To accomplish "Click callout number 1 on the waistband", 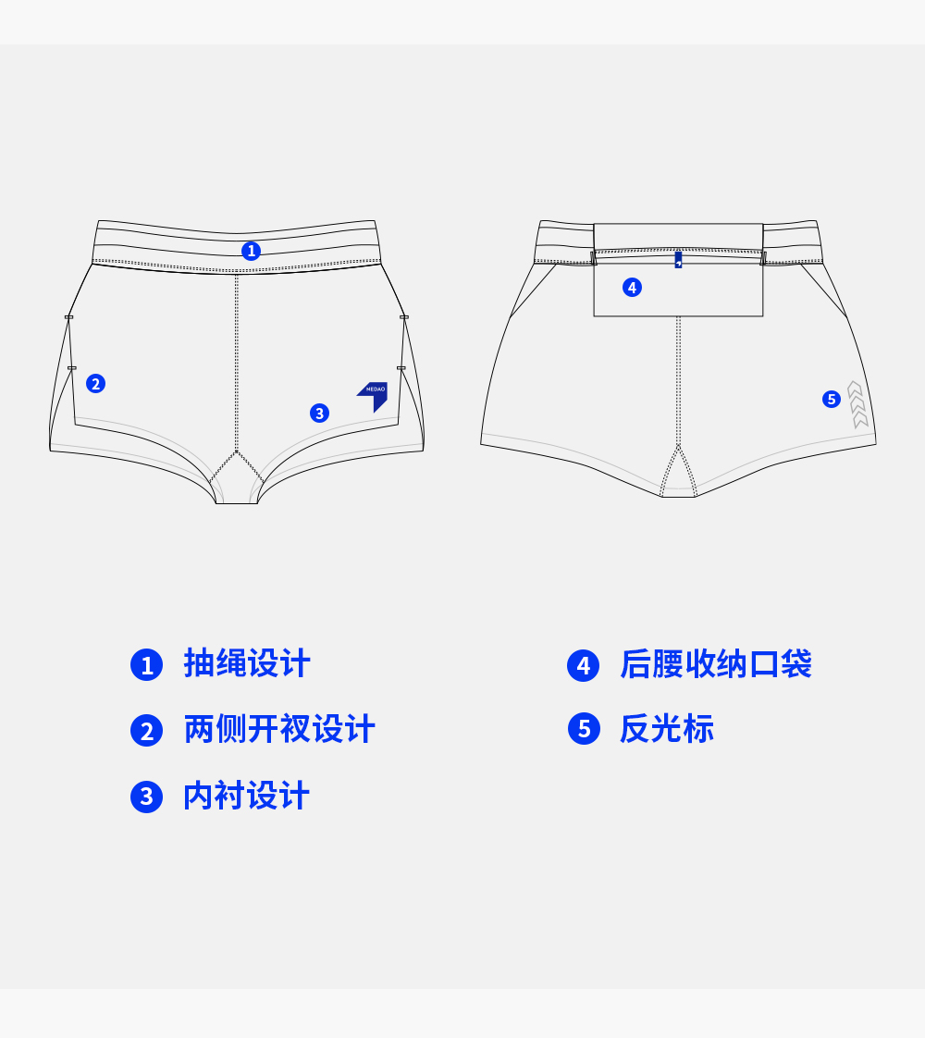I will tap(251, 251).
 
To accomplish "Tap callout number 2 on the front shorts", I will tap(95, 383).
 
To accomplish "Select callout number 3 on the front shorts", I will tap(319, 413).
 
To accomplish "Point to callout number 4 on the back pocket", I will tap(632, 288).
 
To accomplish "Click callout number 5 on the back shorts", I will tap(832, 399).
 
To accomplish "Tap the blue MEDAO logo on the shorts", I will tap(375, 393).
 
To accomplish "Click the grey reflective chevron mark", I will tap(857, 404).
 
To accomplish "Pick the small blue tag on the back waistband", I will tap(678, 260).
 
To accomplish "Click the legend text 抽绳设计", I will tap(247, 664).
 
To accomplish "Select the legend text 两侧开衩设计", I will tap(279, 729).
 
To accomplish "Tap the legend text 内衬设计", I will tap(247, 796).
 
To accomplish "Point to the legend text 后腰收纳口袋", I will tap(716, 664).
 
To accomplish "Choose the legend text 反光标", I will tap(667, 729).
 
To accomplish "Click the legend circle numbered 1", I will tap(146, 665).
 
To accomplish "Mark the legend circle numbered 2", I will tap(146, 731).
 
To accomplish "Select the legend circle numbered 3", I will tap(146, 797).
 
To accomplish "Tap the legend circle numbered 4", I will tap(583, 665).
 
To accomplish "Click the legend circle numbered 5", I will tap(583, 729).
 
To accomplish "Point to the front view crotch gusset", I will tap(237, 481).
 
